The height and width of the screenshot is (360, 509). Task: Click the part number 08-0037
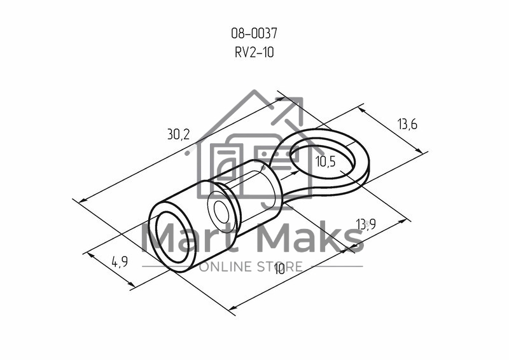coord(254,33)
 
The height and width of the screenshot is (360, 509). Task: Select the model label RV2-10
coord(254,52)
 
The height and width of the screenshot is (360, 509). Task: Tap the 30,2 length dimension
coord(178,134)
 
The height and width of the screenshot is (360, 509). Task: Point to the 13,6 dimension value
coord(407,124)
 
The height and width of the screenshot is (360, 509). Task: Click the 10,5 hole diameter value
coord(326,162)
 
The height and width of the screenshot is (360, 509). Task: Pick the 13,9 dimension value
coord(366,224)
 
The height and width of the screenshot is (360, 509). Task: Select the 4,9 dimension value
coord(120,261)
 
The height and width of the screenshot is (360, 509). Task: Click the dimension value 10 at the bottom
coord(279,268)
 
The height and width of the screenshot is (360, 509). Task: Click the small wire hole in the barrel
coord(221,211)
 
